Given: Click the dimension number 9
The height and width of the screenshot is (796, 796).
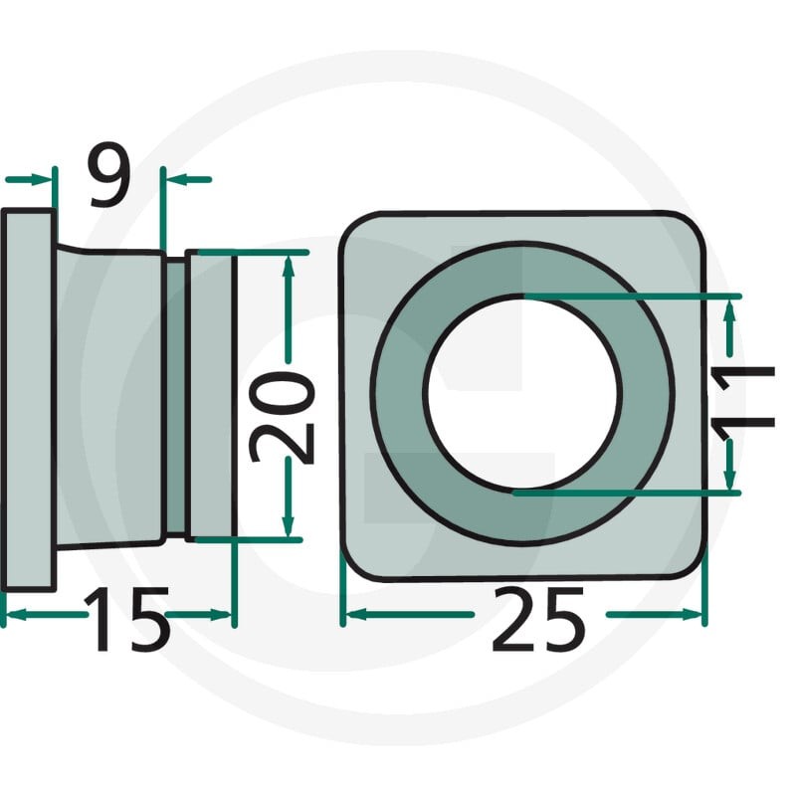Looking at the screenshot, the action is point(109,175).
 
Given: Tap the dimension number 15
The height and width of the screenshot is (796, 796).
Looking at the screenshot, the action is point(127,619).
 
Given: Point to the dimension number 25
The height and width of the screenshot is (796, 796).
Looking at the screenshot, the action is point(539,619).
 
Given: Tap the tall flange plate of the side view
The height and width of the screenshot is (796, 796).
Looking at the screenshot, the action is point(29,400).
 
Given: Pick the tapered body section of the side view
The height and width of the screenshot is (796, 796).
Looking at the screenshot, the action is point(110,396).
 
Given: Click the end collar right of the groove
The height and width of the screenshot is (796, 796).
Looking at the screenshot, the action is point(210,395).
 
